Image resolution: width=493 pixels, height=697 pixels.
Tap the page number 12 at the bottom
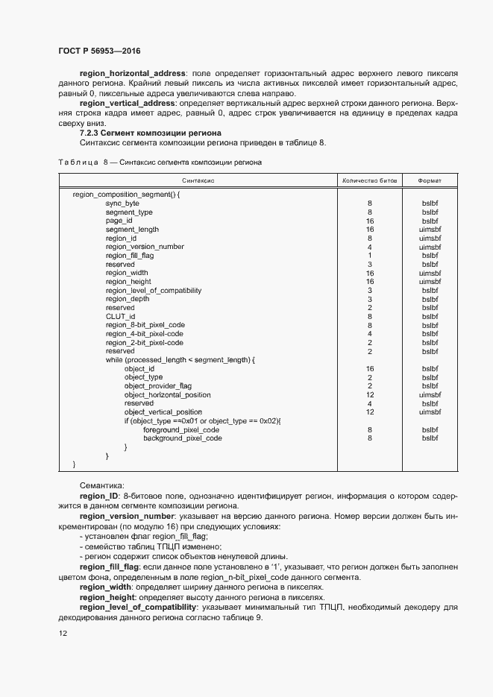63,633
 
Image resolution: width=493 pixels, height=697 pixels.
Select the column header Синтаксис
198,180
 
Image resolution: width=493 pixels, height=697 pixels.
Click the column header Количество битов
369,180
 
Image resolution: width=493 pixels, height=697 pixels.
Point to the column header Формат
429,180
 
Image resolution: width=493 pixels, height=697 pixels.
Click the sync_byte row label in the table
122,203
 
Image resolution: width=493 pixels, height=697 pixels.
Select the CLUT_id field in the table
120,316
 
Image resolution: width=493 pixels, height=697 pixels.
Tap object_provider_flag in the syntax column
158,386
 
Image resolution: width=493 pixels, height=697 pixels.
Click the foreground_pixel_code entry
181,430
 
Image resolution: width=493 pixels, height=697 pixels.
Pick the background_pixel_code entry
183,438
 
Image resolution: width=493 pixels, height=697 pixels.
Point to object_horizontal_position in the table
167,395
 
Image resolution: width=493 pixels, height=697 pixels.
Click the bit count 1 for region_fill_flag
369,255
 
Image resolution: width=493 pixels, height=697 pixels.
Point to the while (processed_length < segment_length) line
180,360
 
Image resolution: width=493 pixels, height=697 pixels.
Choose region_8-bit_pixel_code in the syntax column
145,325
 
